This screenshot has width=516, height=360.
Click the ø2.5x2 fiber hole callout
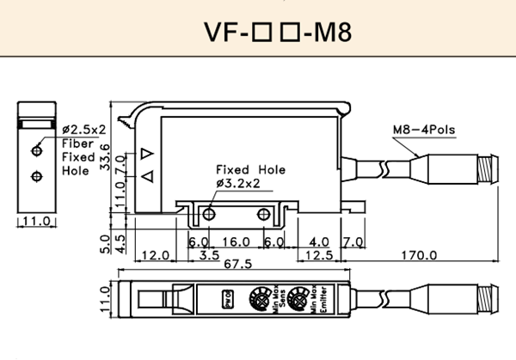(x=83, y=130)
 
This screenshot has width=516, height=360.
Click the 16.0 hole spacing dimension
(x=236, y=242)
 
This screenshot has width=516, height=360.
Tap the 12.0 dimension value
(x=154, y=255)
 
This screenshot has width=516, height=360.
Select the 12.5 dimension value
(x=319, y=255)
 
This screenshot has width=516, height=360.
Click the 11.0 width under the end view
(x=35, y=222)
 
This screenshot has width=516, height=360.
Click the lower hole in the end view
(x=35, y=176)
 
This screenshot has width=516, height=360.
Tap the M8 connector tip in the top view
(x=493, y=302)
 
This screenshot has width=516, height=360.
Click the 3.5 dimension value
(x=208, y=255)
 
